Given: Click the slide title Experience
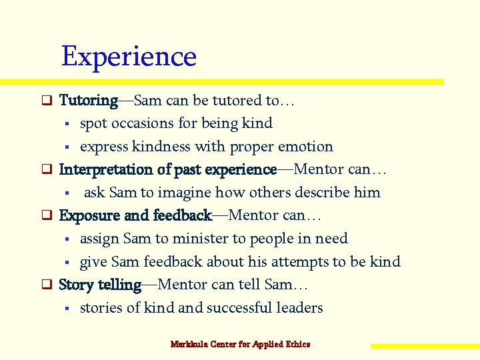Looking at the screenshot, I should [x=129, y=57].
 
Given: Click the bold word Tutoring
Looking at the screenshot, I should [x=88, y=101].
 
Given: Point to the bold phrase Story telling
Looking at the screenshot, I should [x=100, y=285].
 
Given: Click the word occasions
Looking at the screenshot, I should [x=142, y=123].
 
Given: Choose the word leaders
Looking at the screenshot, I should [x=299, y=308].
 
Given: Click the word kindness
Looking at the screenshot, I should [x=161, y=147].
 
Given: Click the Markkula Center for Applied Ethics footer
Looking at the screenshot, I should [x=240, y=344].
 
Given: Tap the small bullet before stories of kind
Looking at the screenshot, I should [x=67, y=309].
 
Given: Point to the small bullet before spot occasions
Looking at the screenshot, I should [x=67, y=124].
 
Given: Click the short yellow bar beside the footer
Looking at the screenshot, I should [x=425, y=346].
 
